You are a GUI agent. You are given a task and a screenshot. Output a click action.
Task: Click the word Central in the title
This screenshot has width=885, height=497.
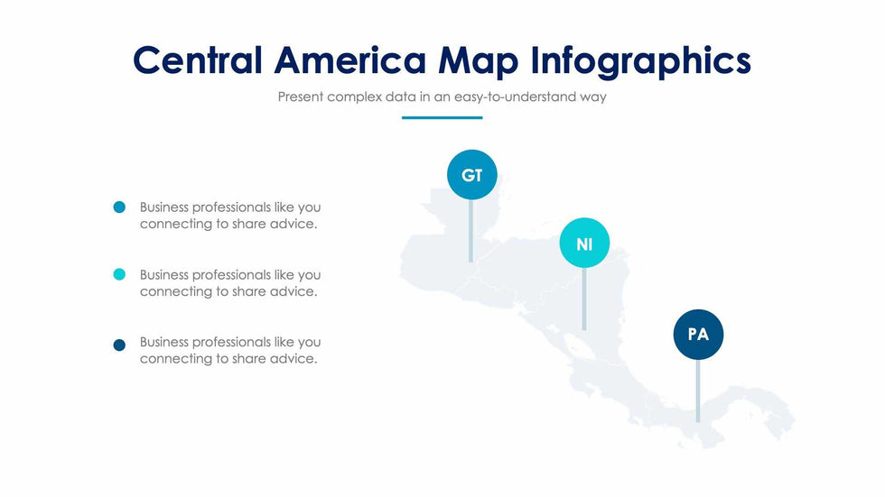[197, 60]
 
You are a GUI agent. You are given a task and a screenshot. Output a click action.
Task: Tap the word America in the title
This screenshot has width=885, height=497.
[349, 60]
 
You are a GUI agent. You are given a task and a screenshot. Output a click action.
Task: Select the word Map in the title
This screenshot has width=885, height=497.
[478, 60]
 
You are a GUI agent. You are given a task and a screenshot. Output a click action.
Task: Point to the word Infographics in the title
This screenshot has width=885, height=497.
[640, 60]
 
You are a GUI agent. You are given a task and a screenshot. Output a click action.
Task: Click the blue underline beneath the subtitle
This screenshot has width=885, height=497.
[442, 117]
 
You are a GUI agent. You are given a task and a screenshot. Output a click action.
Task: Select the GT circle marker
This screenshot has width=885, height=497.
[471, 175]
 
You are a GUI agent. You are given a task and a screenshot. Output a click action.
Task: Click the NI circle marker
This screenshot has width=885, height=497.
[584, 244]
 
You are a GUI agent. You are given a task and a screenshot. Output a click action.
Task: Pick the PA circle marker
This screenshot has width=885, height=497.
[698, 335]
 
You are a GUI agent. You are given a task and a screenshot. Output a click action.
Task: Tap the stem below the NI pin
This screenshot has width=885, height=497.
[584, 299]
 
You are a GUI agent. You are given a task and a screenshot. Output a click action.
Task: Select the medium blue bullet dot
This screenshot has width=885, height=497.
[119, 207]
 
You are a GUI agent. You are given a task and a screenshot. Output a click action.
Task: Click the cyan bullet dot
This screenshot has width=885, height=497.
[119, 275]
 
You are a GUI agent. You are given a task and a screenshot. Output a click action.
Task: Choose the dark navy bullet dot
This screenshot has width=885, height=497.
[119, 345]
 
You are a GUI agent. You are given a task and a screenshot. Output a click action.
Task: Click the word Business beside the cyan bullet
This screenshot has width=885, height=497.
[165, 275]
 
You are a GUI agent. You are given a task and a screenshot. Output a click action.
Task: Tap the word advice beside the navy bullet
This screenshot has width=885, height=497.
[293, 359]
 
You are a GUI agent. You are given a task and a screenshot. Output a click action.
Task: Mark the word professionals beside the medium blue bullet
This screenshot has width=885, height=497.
[232, 207]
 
